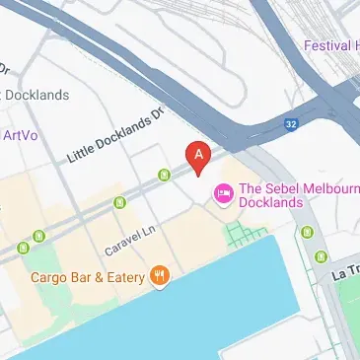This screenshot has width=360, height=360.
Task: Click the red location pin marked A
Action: [199, 156]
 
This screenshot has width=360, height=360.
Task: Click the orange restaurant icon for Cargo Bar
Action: [159, 277]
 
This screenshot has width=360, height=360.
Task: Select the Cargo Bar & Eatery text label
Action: [88, 277]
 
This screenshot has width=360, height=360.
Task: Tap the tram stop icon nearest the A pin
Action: [165, 176]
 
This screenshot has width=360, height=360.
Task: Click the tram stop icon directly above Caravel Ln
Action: [120, 203]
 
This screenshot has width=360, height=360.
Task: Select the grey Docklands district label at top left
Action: [37, 95]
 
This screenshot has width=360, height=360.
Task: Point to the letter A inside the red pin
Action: [199, 153]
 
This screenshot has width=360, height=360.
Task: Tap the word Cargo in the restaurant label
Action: [48, 277]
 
